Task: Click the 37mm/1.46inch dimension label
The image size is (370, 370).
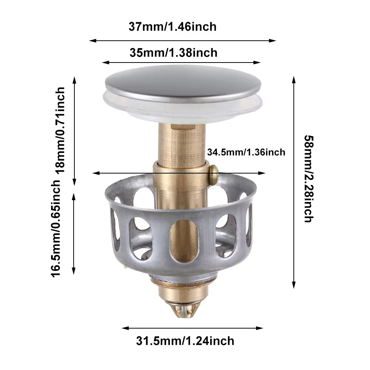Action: [x=172, y=27]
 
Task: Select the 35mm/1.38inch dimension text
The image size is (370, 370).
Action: [x=174, y=53]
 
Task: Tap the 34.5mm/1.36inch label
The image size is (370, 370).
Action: [x=246, y=152]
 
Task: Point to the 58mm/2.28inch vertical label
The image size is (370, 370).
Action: [x=309, y=179]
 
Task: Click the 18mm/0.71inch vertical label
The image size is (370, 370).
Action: [x=60, y=130]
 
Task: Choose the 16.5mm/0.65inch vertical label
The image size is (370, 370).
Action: [x=56, y=228]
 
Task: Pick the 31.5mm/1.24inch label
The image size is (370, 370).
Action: [x=185, y=341]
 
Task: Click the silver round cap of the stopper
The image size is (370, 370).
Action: [x=183, y=84]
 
